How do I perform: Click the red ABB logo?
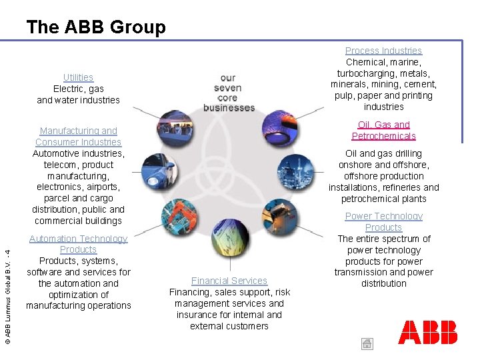(427, 332)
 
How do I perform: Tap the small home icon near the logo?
(367, 344)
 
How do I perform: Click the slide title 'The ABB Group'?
(96, 27)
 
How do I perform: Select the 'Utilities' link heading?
(78, 77)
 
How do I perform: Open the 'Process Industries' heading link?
(383, 51)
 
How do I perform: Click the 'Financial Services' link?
(229, 281)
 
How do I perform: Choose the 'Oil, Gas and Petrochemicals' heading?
(383, 130)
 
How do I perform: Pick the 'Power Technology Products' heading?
(383, 221)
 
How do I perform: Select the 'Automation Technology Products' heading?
(78, 244)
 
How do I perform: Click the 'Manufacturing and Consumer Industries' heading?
(78, 136)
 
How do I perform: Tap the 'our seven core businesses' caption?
(229, 93)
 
